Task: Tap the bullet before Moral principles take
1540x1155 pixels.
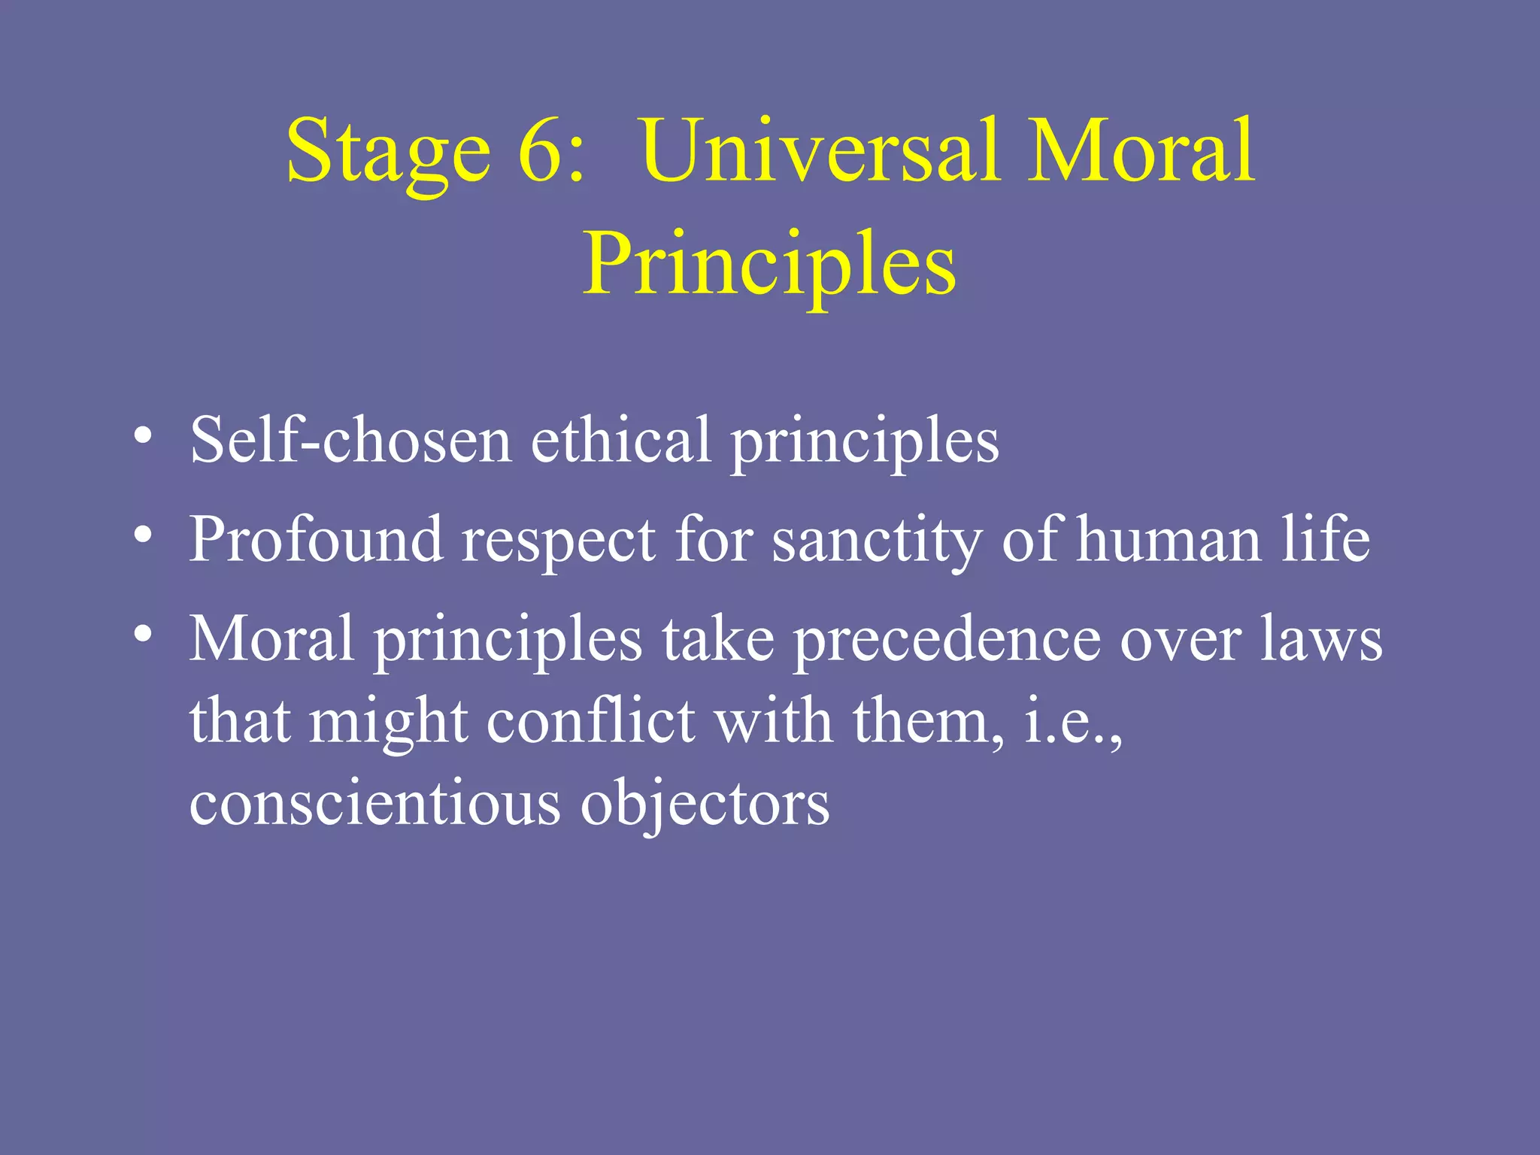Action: point(143,635)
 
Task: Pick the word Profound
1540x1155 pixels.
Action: point(316,540)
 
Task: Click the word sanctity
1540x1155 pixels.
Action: point(877,540)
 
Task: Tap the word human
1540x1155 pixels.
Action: point(1169,540)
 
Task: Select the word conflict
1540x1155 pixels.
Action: point(591,722)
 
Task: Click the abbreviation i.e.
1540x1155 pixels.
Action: point(1068,722)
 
